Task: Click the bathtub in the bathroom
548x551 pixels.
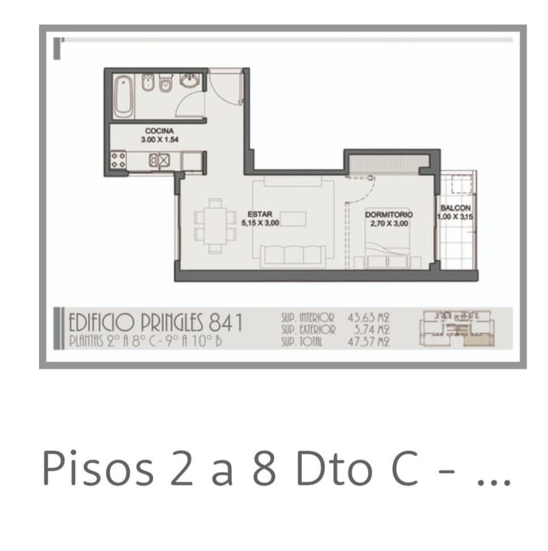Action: coord(124,96)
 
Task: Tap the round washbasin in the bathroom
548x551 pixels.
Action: coord(191,80)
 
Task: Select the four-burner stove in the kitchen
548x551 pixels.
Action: coord(118,160)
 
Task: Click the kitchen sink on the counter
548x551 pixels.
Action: coord(160,160)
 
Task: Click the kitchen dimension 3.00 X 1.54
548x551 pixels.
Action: coord(160,140)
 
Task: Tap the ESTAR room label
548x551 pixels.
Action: coord(260,214)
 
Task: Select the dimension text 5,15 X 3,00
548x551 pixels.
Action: coord(260,223)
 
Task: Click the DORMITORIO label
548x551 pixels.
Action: coord(388,214)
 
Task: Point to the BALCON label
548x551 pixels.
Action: coord(455,208)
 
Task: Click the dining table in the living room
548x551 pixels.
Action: coord(215,226)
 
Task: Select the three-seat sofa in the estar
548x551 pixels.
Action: coord(293,256)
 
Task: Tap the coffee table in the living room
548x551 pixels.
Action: coord(293,218)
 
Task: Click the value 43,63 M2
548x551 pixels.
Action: coord(369,318)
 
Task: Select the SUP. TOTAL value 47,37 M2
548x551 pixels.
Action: coord(369,341)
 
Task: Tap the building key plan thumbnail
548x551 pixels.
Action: coord(457,329)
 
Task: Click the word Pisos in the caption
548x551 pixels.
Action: coord(99,468)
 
